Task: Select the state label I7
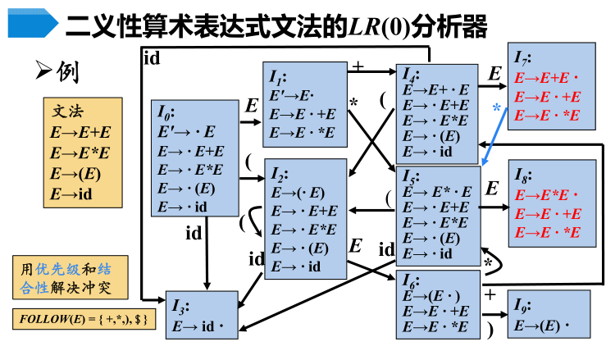(522, 58)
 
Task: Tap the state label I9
(522, 308)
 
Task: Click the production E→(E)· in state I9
(542, 326)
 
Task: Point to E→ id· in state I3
(199, 326)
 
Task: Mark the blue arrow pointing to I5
(492, 139)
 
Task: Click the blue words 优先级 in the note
(57, 268)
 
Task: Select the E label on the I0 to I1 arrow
(252, 106)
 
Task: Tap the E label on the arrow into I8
(492, 189)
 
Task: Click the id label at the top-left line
(152, 57)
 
